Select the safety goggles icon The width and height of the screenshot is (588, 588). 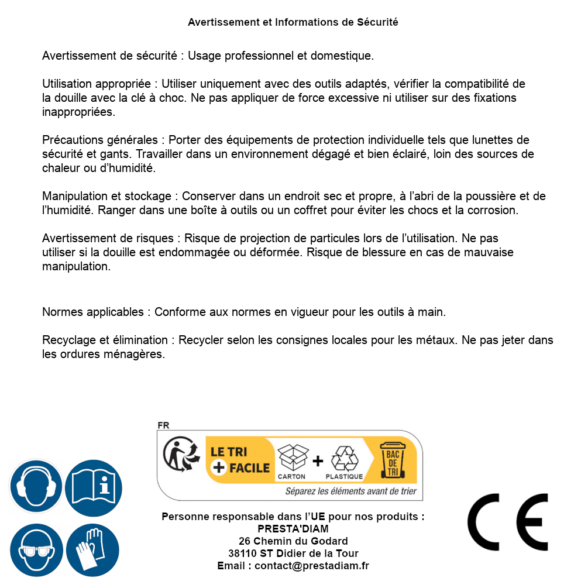click(36, 550)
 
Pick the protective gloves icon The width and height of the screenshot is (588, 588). click(93, 550)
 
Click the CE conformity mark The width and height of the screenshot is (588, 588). click(508, 522)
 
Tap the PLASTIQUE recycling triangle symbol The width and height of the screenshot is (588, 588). click(344, 459)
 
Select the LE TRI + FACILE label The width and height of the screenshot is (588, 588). click(240, 460)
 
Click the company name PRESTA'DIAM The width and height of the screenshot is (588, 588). click(293, 529)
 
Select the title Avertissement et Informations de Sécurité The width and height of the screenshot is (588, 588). click(293, 22)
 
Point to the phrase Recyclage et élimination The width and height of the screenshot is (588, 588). click(105, 340)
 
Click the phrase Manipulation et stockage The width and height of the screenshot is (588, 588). click(106, 196)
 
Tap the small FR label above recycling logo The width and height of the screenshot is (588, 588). click(163, 426)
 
